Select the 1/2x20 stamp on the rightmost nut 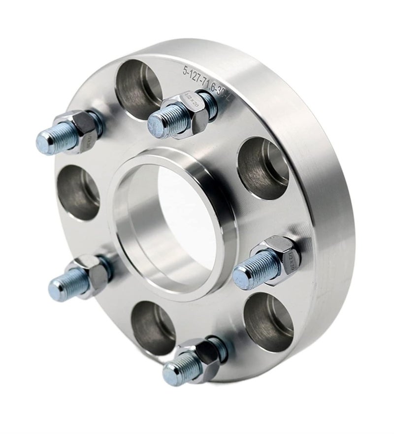(x=291, y=256)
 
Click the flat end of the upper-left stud (x=44, y=143)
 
